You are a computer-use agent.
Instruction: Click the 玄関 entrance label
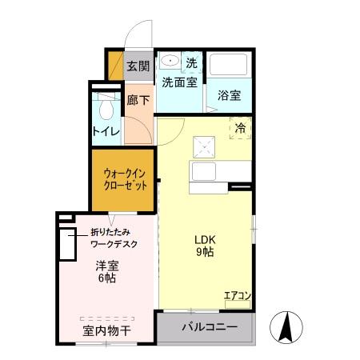[x=138, y=66]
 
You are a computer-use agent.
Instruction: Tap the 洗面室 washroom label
[x=180, y=82]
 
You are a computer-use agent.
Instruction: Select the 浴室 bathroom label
[x=230, y=95]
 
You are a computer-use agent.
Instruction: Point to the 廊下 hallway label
[x=138, y=101]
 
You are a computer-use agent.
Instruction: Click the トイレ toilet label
[x=106, y=131]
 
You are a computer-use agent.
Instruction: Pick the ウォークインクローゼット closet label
[x=125, y=179]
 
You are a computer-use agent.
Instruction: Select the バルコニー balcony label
[x=209, y=326]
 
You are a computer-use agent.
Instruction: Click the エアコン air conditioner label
[x=238, y=296]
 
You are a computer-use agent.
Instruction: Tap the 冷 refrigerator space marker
[x=240, y=127]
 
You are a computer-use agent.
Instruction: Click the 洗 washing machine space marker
[x=192, y=62]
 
